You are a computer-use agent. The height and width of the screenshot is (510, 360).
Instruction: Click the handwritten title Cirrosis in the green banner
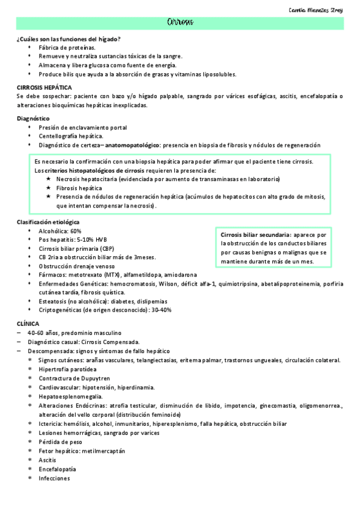click(x=180, y=23)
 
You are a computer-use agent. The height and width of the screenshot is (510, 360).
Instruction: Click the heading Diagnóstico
click(x=33, y=118)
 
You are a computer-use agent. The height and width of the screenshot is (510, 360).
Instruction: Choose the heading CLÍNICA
click(x=28, y=324)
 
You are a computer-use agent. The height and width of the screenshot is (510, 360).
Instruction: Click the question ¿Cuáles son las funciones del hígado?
click(x=69, y=39)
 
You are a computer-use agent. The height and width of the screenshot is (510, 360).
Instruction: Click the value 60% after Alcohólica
click(x=76, y=231)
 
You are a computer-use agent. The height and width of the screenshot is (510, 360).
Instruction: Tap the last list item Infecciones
click(x=54, y=478)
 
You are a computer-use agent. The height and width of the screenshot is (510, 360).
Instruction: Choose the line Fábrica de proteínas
click(x=66, y=48)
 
